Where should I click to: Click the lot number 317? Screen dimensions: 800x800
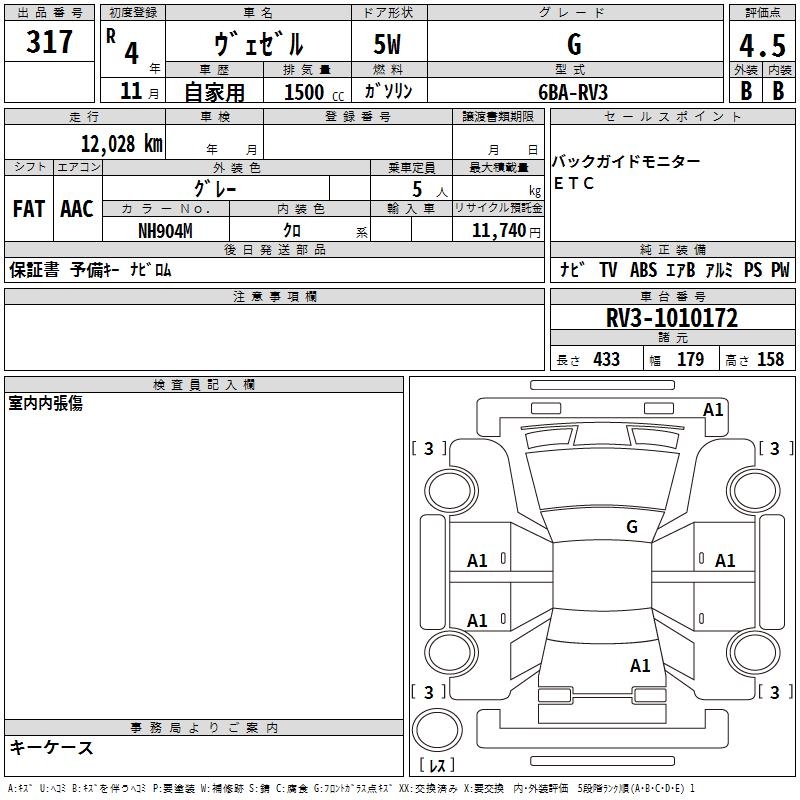(x=50, y=42)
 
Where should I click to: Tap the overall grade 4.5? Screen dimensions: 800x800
(x=761, y=46)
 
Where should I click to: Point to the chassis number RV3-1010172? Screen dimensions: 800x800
(x=672, y=318)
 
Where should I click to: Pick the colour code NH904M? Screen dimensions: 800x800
(x=165, y=229)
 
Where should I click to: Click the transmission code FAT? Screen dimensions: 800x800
(x=28, y=209)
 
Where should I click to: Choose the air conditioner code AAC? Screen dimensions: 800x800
(x=76, y=209)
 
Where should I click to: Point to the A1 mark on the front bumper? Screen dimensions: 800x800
(x=713, y=409)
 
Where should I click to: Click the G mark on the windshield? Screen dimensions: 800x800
(x=632, y=526)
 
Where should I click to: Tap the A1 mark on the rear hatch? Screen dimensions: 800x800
(x=640, y=665)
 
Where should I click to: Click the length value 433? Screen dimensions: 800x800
(x=606, y=359)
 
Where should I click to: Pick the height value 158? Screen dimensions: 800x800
(x=770, y=359)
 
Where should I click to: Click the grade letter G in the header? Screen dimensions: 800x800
(x=574, y=45)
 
